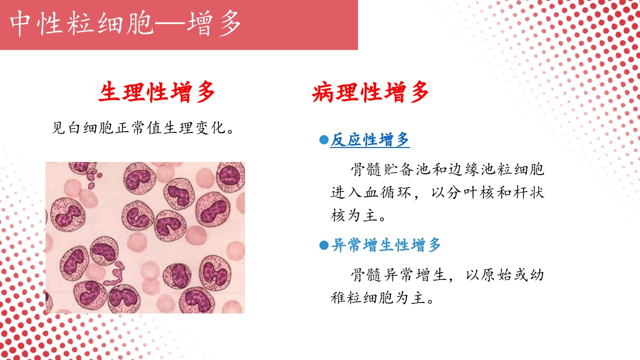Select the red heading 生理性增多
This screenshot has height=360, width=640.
tap(157, 93)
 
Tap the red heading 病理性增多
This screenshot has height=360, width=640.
tap(370, 93)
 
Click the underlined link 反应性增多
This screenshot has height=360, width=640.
tap(370, 140)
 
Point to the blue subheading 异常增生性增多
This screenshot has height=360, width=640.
tap(386, 245)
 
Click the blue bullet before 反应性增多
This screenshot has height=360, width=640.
tap(323, 140)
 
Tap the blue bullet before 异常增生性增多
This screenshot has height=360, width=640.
tap(323, 245)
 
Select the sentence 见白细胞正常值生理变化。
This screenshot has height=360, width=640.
tap(144, 128)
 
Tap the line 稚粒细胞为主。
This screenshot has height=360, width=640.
tap(382, 298)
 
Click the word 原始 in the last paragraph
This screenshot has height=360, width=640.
tap(496, 275)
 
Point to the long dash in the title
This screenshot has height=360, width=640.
tap(170, 23)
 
